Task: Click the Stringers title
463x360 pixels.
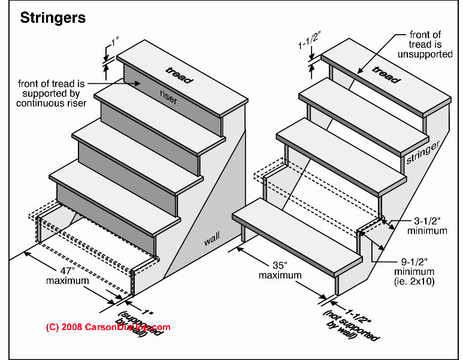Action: coord(53,18)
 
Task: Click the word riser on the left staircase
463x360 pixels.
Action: coord(169,98)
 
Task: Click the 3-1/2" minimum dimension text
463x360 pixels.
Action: coord(426,225)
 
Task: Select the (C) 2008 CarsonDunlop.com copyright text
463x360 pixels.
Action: coord(108,327)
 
